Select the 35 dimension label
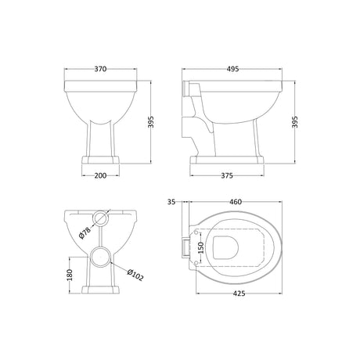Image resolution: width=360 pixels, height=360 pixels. coord(171,201)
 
